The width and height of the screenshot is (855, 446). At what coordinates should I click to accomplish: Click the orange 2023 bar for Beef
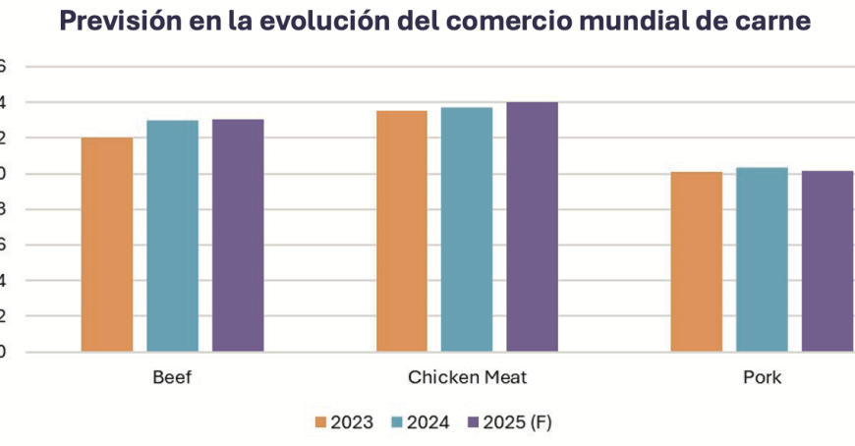tap(107, 245)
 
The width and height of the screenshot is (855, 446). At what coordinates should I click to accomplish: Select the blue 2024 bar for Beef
tap(172, 236)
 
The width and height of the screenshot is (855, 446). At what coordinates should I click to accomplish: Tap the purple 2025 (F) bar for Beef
tap(238, 235)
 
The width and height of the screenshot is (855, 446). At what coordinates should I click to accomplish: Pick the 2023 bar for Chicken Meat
tap(402, 231)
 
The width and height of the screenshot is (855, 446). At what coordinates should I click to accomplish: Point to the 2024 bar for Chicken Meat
tap(467, 229)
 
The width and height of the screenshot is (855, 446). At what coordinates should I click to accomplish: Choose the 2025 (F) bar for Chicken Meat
tap(533, 227)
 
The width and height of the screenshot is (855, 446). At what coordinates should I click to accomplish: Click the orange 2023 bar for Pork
tap(697, 261)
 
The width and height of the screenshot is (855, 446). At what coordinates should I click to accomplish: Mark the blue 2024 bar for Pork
tap(762, 259)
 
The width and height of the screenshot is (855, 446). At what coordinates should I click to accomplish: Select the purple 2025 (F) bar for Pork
tap(827, 261)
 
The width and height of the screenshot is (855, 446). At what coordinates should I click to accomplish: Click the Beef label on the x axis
tap(172, 378)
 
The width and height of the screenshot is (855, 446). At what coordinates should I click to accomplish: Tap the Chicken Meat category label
tap(467, 378)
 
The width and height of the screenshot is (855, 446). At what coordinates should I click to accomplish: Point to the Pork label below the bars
tap(762, 378)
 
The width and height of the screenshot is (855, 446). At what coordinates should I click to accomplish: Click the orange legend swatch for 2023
tap(320, 422)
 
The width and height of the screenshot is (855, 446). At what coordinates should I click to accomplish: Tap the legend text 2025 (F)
tap(517, 422)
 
